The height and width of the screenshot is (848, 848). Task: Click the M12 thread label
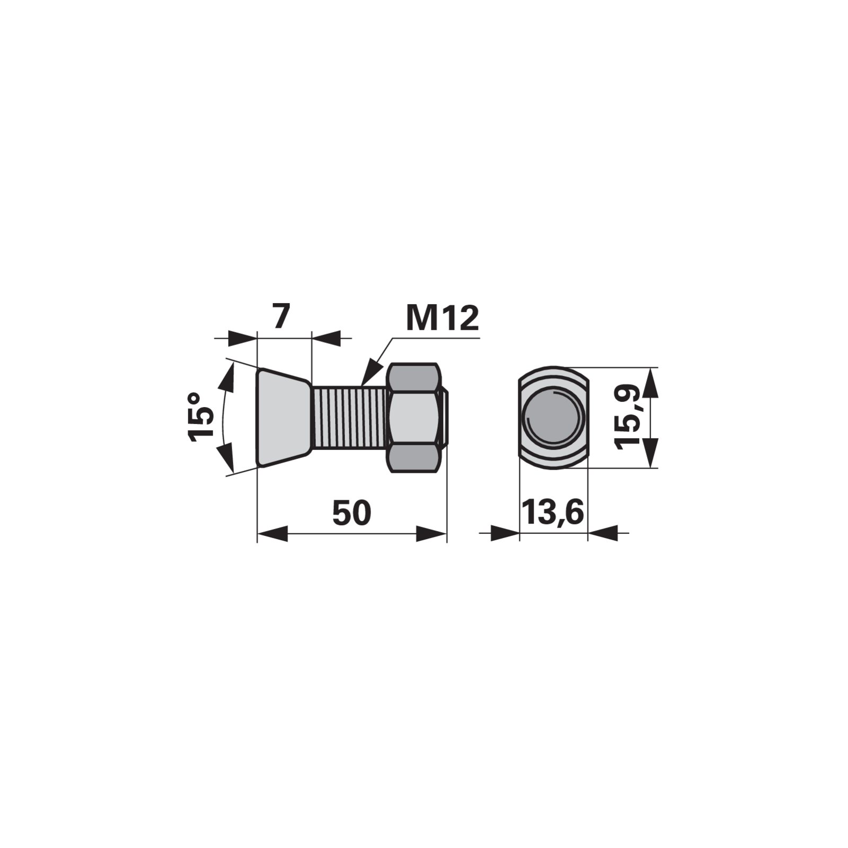pyautogui.click(x=442, y=318)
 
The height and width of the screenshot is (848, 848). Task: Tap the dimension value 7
pyautogui.click(x=281, y=316)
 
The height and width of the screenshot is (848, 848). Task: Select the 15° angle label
pyautogui.click(x=202, y=417)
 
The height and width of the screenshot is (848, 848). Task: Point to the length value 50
pyautogui.click(x=352, y=513)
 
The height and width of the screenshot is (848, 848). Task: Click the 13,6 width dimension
pyautogui.click(x=553, y=512)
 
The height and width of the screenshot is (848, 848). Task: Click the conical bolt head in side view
pyautogui.click(x=284, y=418)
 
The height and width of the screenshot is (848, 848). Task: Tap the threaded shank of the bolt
pyautogui.click(x=350, y=418)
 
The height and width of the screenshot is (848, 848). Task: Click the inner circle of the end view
pyautogui.click(x=553, y=418)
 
